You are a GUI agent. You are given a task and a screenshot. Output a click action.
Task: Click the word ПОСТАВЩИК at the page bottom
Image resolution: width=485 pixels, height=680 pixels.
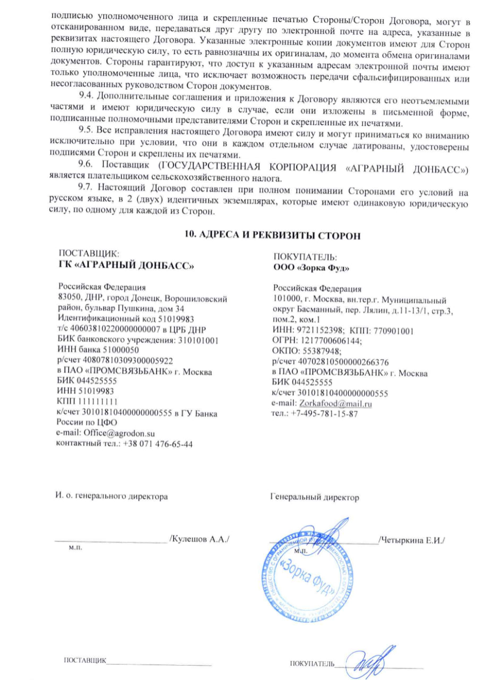click(85, 661)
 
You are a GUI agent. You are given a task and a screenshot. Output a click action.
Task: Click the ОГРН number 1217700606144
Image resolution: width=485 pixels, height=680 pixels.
click(321, 340)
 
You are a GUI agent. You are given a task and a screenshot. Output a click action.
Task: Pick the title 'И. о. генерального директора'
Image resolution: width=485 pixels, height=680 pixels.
click(112, 497)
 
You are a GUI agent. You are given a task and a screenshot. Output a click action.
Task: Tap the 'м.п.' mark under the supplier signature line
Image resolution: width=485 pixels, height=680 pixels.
click(75, 546)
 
